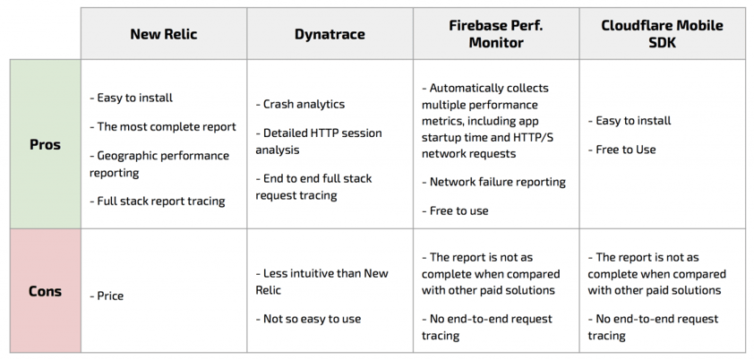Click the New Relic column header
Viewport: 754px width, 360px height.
[x=164, y=34]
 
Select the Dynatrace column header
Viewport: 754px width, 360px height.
[x=330, y=34]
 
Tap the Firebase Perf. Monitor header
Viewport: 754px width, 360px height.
[x=496, y=34]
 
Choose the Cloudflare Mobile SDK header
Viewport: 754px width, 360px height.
[x=662, y=34]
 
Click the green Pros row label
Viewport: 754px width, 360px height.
[x=45, y=145]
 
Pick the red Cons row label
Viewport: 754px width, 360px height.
[x=45, y=291]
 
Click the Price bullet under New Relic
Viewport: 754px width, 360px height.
[x=107, y=296]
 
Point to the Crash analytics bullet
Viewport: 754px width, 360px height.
[x=300, y=104]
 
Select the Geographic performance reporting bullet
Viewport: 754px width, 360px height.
[x=159, y=164]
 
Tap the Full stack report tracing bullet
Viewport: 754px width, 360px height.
[x=158, y=201]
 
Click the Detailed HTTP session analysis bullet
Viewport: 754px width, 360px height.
[x=318, y=141]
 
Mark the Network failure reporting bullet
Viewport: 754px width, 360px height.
[x=493, y=182]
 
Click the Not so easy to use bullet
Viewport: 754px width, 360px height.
[x=308, y=319]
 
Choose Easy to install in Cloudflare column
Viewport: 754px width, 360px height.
[x=629, y=121]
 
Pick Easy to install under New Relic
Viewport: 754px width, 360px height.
[x=131, y=98]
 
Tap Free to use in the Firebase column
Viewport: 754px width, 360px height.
[x=455, y=210]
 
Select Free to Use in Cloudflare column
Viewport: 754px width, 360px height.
[x=621, y=150]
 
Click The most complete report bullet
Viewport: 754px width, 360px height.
[x=163, y=127]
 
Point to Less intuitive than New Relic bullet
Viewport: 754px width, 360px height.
[x=321, y=282]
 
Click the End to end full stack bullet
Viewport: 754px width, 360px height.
[x=313, y=186]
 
